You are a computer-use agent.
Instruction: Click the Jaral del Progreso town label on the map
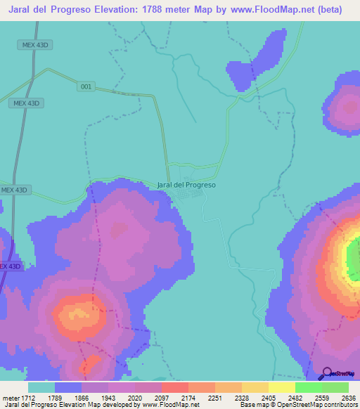(186, 185)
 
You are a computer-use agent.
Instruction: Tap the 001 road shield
(86, 86)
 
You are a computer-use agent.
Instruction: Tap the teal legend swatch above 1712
(41, 387)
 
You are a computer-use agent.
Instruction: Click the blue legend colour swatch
(68, 387)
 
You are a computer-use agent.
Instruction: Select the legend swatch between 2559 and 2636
(335, 387)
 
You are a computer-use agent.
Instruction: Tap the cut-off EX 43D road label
(10, 266)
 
